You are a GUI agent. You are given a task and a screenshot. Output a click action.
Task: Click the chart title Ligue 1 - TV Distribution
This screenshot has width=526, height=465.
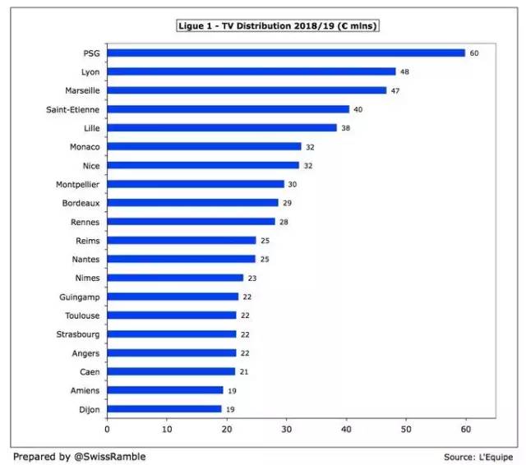[277, 25]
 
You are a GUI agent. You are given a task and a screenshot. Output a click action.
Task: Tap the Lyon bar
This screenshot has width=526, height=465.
[251, 71]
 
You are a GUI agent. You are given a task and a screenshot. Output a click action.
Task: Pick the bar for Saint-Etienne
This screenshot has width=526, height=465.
[228, 108]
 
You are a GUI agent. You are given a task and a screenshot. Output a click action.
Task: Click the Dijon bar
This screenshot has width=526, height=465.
[164, 408]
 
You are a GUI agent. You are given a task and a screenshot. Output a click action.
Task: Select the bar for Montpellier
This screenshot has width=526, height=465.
[196, 184]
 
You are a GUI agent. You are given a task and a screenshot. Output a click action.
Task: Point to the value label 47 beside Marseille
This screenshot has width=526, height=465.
[396, 90]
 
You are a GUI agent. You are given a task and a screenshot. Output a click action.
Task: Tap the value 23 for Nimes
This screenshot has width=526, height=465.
[252, 279]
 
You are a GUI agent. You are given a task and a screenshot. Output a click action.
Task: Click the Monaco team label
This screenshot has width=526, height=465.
[85, 146]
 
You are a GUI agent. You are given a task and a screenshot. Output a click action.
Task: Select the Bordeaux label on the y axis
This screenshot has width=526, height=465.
[81, 203]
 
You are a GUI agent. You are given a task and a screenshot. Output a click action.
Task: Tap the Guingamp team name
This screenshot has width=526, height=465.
[81, 297]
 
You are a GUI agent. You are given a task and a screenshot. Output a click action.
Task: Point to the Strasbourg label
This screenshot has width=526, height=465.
[79, 334]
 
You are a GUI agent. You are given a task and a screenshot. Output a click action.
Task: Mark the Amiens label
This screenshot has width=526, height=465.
[85, 390]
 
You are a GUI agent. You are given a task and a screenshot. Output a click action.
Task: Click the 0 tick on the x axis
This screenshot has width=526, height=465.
[107, 428]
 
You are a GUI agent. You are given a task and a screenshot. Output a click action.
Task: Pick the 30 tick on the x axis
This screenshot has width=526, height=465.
[286, 428]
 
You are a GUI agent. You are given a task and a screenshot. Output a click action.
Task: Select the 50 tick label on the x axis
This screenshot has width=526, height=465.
[406, 428]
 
